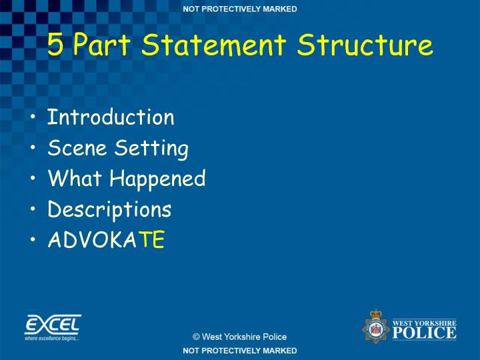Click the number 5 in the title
57,45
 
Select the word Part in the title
102,45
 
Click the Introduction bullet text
111,117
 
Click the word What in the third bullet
75,179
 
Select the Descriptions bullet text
109,210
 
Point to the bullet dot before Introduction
34,119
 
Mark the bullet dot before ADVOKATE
34,241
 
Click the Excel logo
53,327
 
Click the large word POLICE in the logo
424,332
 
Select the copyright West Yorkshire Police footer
240,337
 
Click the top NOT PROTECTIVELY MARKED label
240,9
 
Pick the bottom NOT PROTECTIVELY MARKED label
240,351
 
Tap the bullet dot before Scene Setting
34,149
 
